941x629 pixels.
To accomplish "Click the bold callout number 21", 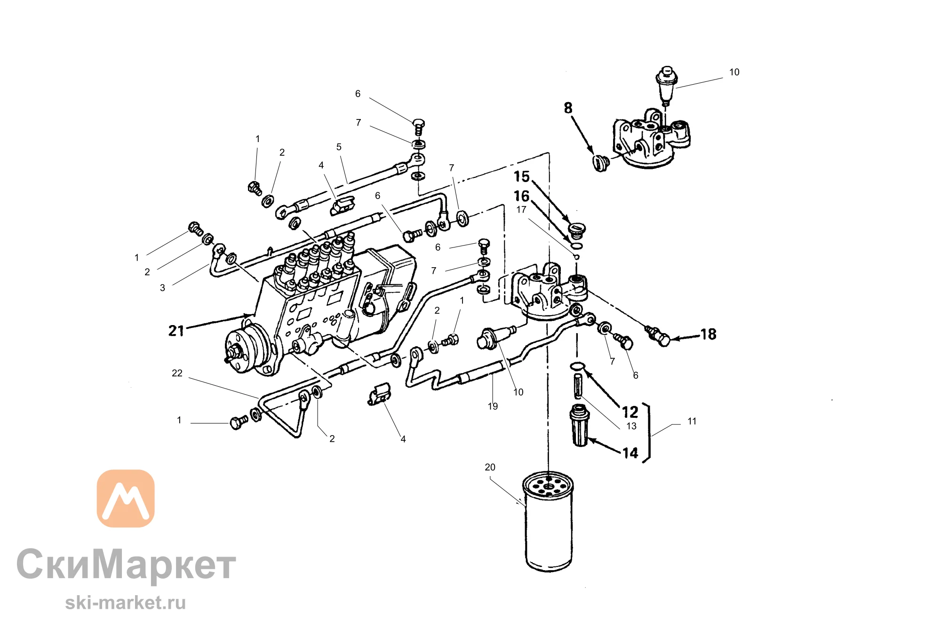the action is click(x=176, y=331).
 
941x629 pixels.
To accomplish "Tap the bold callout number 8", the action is click(x=568, y=108).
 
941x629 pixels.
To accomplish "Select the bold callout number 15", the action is click(x=522, y=176).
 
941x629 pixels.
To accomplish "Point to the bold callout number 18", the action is click(x=709, y=334).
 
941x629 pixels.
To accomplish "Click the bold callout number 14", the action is click(x=630, y=453).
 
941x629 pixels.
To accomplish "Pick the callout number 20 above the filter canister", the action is click(x=490, y=467).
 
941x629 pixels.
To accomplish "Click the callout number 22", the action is click(x=177, y=373).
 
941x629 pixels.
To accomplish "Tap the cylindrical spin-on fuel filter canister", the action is click(x=548, y=521).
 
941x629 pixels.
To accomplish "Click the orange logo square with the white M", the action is click(x=126, y=498).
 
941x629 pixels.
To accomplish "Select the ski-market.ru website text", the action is click(x=126, y=603).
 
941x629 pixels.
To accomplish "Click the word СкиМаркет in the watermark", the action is click(x=126, y=564).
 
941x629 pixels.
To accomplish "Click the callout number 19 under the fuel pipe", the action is click(x=493, y=406).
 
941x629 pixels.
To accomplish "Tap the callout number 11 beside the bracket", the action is click(x=692, y=422).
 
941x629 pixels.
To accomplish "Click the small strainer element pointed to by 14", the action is click(x=580, y=425).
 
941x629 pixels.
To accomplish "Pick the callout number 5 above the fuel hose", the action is click(x=339, y=147).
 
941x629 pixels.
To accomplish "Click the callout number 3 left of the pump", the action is click(x=162, y=288).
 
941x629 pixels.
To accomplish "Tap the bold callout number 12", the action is click(x=630, y=412).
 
